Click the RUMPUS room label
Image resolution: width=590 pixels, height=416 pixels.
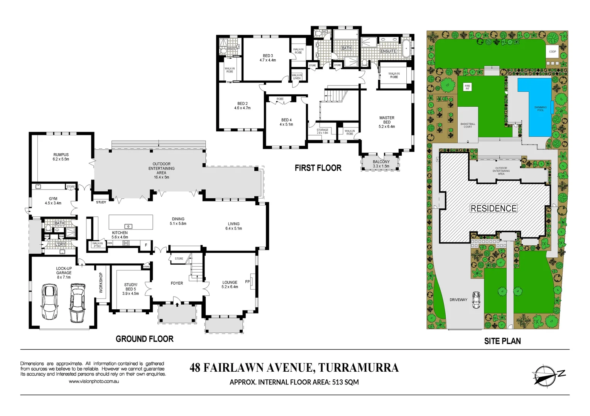pyautogui.click(x=61, y=155)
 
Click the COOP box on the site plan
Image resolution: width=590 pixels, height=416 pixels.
pyautogui.click(x=553, y=52)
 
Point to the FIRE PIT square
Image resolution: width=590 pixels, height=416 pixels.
pyautogui.click(x=467, y=87)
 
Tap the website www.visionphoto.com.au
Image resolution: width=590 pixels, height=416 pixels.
pyautogui.click(x=94, y=381)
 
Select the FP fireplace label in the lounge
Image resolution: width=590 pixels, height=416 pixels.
pyautogui.click(x=247, y=282)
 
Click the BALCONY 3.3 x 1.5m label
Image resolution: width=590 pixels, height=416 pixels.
pyautogui.click(x=381, y=162)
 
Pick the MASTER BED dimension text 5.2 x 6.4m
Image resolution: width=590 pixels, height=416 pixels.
pyautogui.click(x=387, y=127)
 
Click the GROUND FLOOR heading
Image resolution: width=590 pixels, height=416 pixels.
pyautogui.click(x=145, y=339)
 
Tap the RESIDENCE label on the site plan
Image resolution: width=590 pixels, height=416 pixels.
pyautogui.click(x=494, y=208)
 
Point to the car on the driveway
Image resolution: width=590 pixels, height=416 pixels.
pyautogui.click(x=477, y=300)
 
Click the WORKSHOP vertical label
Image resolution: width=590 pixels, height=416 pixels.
pyautogui.click(x=101, y=283)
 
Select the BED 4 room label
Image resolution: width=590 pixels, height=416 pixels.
pyautogui.click(x=286, y=120)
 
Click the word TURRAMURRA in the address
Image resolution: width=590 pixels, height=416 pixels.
pyautogui.click(x=358, y=368)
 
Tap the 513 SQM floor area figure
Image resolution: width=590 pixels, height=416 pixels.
pyautogui.click(x=345, y=382)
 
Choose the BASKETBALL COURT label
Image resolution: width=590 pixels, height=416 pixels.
pyautogui.click(x=468, y=126)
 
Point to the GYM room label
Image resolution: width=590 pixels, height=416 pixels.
pyautogui.click(x=53, y=199)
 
